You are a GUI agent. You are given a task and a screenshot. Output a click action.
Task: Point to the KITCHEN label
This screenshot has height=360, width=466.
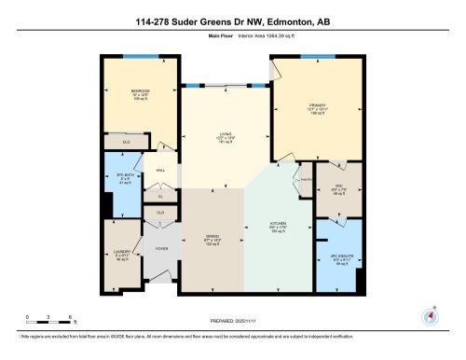click(x=278, y=225)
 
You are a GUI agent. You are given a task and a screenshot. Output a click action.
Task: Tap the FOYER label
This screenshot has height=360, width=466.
click(x=160, y=248)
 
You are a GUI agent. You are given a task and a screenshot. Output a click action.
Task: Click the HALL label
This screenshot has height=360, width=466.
click(x=160, y=170)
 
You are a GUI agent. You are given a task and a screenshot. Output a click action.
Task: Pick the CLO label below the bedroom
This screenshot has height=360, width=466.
click(x=128, y=142)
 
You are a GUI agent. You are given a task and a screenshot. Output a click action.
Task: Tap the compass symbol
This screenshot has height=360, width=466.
click(x=430, y=315)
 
